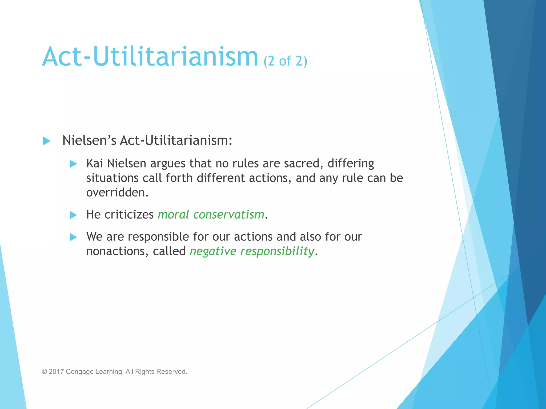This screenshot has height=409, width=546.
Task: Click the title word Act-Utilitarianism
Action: click(x=150, y=57)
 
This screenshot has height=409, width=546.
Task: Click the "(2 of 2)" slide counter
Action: click(x=285, y=61)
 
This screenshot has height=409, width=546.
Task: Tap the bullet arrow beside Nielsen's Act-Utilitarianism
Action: click(x=46, y=141)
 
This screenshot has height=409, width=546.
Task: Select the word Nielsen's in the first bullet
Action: click(x=89, y=140)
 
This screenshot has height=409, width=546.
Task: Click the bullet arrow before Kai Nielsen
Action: click(x=73, y=164)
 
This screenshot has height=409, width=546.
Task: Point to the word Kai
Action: click(x=94, y=163)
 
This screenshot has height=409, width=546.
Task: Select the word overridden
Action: click(x=117, y=192)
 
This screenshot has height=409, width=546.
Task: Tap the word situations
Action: click(x=112, y=178)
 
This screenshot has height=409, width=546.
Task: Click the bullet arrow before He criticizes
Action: click(x=73, y=215)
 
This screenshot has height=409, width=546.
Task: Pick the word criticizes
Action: click(x=129, y=215)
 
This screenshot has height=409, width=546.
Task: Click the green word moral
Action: click(x=173, y=215)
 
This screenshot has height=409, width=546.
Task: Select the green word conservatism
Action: click(x=228, y=215)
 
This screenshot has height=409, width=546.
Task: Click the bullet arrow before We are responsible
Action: click(x=73, y=237)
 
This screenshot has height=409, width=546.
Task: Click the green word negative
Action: click(x=213, y=251)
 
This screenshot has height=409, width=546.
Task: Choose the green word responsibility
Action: click(x=277, y=251)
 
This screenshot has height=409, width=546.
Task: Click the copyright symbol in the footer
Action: click(x=44, y=372)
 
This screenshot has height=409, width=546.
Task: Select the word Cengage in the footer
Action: click(x=79, y=372)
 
